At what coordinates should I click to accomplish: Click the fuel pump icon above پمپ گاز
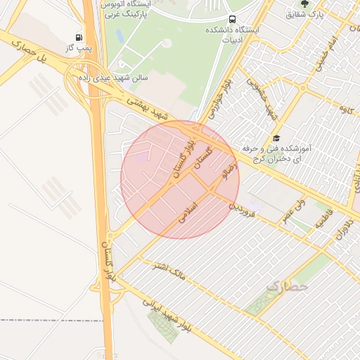[78, 36]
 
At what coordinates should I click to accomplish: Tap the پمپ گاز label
[78, 47]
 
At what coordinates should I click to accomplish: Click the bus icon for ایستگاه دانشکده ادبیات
[232, 19]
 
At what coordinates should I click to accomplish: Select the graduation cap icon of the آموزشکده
[277, 139]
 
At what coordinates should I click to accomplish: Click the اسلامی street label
[188, 212]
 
